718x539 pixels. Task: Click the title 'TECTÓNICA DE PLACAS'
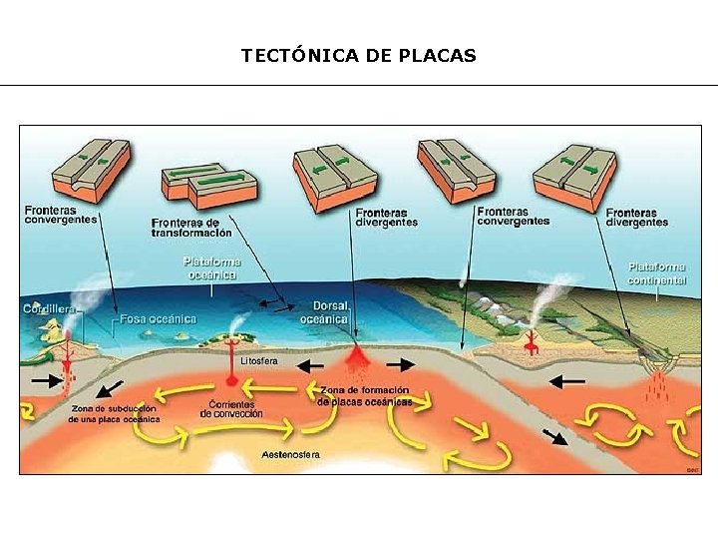[x=359, y=56]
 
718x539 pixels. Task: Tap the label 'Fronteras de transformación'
[x=191, y=228]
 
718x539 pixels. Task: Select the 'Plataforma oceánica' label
[x=212, y=267]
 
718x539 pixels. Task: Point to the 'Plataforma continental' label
[x=657, y=273]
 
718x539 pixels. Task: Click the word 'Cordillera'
[x=50, y=309]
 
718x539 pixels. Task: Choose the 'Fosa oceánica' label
[x=159, y=319]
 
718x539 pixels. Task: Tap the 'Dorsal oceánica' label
[x=330, y=312]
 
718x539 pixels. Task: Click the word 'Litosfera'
[x=259, y=359]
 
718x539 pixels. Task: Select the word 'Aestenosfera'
[x=291, y=455]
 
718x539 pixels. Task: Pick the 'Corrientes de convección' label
[x=230, y=409]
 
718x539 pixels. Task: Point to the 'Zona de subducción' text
[x=114, y=414]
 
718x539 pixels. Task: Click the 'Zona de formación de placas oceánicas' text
[x=365, y=395]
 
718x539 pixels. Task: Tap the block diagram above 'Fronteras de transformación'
[x=208, y=183]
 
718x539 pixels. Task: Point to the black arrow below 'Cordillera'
[x=45, y=380]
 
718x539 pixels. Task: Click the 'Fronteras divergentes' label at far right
[x=636, y=217]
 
